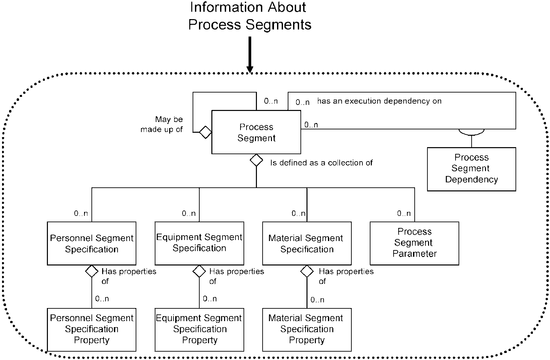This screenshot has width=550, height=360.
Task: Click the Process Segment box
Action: coord(256,132)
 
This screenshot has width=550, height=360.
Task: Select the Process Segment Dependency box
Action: coord(471,169)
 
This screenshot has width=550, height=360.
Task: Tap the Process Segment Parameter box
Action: coord(414,243)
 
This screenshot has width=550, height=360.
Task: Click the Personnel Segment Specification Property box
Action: coord(91,329)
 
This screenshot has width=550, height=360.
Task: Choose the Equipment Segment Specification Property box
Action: coord(199,329)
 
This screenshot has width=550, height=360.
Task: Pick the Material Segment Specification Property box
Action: coord(307,329)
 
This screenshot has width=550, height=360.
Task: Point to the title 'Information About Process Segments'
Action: coord(250,16)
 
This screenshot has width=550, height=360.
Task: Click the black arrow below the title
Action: coord(250,55)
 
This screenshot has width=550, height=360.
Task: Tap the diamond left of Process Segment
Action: coord(206,132)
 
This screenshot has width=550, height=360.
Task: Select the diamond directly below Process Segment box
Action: coord(256,160)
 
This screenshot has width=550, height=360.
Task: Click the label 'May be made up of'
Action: coord(162,124)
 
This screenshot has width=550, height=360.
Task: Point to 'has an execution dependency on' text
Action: coord(380,101)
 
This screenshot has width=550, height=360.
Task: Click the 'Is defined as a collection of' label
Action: coord(322,163)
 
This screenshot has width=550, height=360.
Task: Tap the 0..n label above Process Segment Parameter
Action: coord(404,213)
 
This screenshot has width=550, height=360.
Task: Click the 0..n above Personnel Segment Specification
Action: coord(81,213)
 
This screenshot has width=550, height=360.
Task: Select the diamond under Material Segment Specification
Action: coord(307,271)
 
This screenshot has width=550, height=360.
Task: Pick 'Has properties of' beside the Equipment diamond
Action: coord(236,276)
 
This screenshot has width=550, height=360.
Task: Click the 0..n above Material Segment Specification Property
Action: coord(317,300)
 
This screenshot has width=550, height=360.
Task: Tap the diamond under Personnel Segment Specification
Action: coord(91,271)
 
